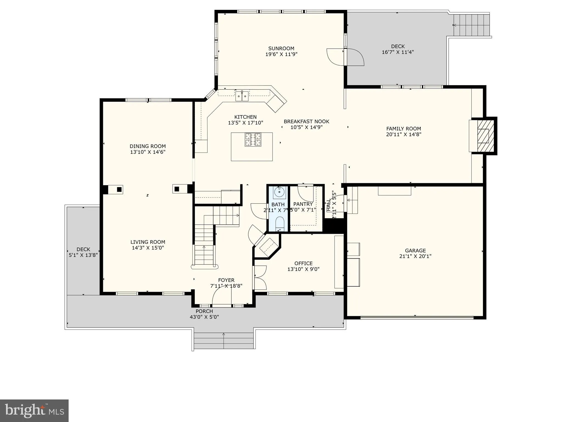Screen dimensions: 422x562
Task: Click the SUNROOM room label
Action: [x=281, y=49]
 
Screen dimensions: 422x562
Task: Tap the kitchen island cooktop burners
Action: [x=253, y=139]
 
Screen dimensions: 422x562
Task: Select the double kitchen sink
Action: [x=242, y=96]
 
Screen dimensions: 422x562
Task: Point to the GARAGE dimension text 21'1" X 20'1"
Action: [x=415, y=256]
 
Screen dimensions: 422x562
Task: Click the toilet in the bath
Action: [x=279, y=223]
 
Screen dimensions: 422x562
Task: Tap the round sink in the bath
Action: [x=279, y=192]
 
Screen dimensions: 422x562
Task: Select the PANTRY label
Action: [x=303, y=204]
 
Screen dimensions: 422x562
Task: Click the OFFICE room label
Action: [x=303, y=263]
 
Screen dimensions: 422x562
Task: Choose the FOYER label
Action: [x=226, y=280]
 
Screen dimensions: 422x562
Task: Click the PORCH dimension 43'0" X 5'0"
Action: [x=204, y=317]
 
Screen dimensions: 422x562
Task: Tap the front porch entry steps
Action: [x=224, y=341]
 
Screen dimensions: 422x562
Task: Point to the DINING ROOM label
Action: [x=148, y=146]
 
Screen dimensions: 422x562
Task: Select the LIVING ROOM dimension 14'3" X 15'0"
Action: [x=148, y=248]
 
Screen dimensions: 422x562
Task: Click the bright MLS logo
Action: [x=34, y=411]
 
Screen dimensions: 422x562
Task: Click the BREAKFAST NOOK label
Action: [x=306, y=121]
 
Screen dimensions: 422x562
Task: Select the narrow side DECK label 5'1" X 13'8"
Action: [x=83, y=252]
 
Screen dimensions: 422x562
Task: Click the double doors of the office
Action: [x=260, y=277]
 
